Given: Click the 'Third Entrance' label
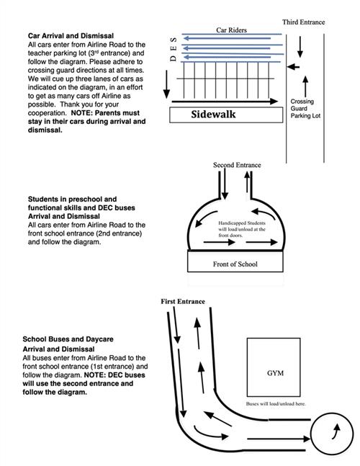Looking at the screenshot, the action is (x=303, y=22).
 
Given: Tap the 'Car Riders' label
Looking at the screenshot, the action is (x=231, y=30).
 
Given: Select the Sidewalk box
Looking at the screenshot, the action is (x=226, y=115).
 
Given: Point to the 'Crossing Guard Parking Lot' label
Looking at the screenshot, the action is (x=305, y=109).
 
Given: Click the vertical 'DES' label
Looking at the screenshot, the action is (x=174, y=49).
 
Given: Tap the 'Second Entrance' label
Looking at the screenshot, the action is (x=237, y=165).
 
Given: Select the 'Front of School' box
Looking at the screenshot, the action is (x=235, y=261).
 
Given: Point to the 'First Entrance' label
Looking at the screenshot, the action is (x=183, y=301).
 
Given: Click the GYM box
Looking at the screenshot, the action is (x=274, y=367).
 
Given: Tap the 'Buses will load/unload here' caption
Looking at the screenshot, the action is (x=276, y=404).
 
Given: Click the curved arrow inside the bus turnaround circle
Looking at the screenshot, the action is (x=336, y=431).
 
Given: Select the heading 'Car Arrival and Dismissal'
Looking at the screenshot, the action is (x=71, y=36).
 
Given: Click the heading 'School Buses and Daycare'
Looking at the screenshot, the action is (x=68, y=339).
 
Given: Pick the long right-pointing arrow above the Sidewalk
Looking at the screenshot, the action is (x=225, y=102).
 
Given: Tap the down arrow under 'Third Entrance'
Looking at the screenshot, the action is (x=300, y=47).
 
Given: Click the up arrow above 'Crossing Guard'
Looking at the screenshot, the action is (x=305, y=86).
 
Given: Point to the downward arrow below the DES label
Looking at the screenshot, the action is (x=166, y=84).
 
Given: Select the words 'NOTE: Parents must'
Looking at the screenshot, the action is (x=105, y=113).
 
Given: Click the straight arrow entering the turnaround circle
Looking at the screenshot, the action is (x=279, y=439).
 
